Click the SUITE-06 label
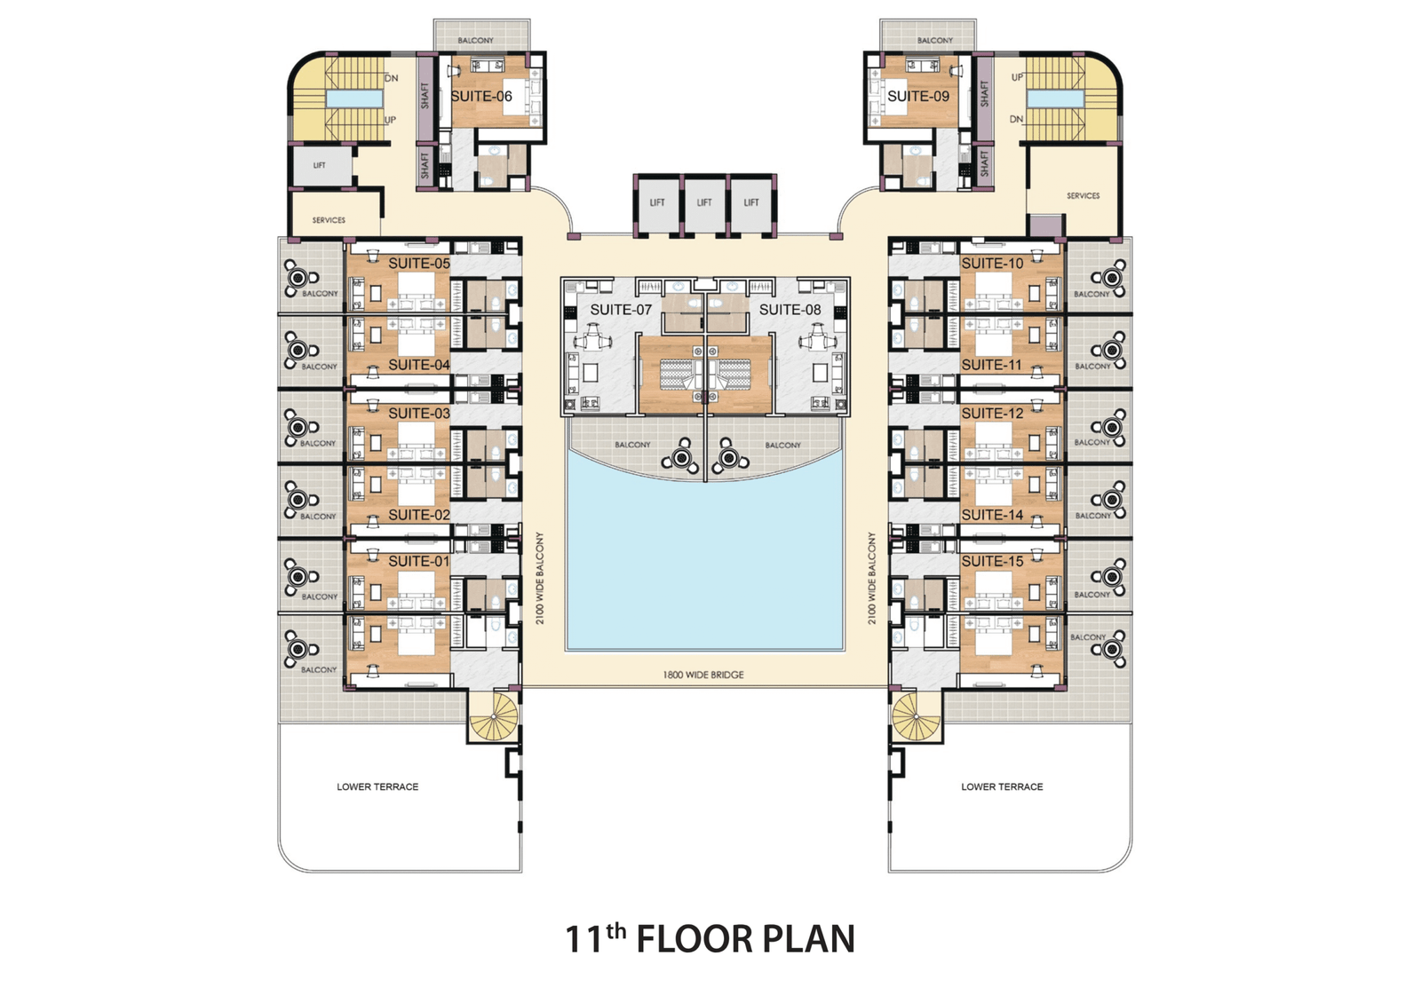pos(480,97)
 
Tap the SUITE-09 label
pos(918,97)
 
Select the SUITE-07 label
pos(621,310)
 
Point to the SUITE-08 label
pos(790,310)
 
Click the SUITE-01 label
pos(418,561)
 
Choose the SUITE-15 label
pos(992,561)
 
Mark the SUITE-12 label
pos(992,414)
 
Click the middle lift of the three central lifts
pos(704,203)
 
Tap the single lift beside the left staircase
pos(320,165)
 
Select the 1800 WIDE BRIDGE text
pos(703,675)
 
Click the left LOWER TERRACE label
pos(377,786)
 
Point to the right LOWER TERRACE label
pos(1002,786)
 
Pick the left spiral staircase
pos(495,716)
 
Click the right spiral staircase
pos(916,716)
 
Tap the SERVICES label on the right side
pos(1083,196)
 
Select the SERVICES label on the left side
pos(329,220)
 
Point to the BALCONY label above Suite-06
pos(475,40)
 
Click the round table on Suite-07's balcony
pos(680,457)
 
